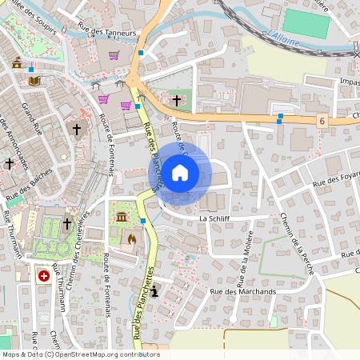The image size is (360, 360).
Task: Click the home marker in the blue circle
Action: (180, 172)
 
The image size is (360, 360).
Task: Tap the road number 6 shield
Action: (322, 121)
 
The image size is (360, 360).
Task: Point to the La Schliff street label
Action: (214, 218)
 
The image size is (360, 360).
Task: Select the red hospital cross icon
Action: (44, 275)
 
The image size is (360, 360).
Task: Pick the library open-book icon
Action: (34, 81)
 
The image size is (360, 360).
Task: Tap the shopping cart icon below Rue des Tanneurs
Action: (114, 55)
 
